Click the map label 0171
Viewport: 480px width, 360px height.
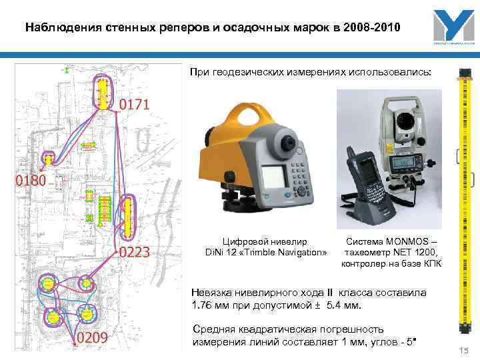tap(135, 105)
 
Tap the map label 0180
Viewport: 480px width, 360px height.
tap(31, 180)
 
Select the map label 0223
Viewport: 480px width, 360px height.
tap(139, 253)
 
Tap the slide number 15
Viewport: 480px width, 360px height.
tap(464, 351)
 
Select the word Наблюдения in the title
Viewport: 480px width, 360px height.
tap(61, 28)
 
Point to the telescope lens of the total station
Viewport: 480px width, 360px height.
tap(404, 121)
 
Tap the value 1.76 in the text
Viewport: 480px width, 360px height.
tap(203, 306)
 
